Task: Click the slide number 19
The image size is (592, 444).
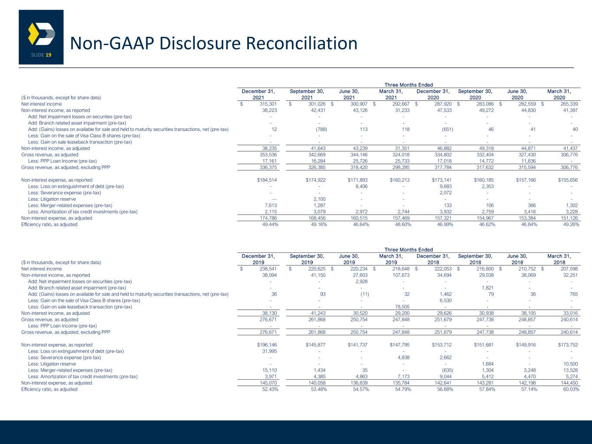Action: point(49,55)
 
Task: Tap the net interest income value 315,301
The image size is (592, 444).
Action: point(268,104)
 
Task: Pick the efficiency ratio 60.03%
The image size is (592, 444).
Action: point(571,389)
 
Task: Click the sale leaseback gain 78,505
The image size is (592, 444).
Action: point(402,307)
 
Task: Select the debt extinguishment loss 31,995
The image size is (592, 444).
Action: point(269,351)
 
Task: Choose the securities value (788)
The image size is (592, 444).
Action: point(321,129)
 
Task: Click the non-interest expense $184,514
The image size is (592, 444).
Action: point(267,180)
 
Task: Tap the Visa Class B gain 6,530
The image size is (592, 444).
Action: point(445,300)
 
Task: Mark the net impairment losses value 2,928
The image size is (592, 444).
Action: point(361,281)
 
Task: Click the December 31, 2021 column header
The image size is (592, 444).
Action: point(258,95)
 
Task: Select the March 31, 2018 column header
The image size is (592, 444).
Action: point(559,259)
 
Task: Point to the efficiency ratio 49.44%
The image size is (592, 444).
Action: point(270,225)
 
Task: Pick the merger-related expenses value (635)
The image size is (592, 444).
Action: point(448,370)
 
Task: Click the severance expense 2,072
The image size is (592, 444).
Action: point(445,193)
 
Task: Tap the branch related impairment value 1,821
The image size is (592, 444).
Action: point(487,288)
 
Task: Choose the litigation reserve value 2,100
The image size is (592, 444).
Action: point(319,199)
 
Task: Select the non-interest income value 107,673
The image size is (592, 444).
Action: point(401,275)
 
